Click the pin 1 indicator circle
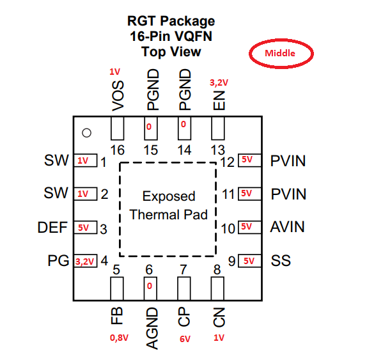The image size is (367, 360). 86,133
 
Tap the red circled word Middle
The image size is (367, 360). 280,53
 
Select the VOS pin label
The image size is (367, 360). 118,96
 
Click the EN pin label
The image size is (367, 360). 219,100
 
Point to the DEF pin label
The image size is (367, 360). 52,227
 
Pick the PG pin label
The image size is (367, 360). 58,260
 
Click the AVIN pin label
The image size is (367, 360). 288,227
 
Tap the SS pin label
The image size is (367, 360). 281,260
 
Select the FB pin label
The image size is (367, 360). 116,316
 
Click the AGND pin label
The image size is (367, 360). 152,329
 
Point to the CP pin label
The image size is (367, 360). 183,317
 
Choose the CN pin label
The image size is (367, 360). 219,317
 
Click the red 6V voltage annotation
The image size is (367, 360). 185,339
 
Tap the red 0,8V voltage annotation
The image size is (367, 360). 119,338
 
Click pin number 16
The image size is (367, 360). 117,150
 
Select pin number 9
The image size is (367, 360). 231,262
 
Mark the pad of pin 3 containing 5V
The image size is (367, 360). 86,227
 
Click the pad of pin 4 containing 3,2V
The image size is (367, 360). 86,261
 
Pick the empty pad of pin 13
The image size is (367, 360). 218,129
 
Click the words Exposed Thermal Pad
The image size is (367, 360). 169,205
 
